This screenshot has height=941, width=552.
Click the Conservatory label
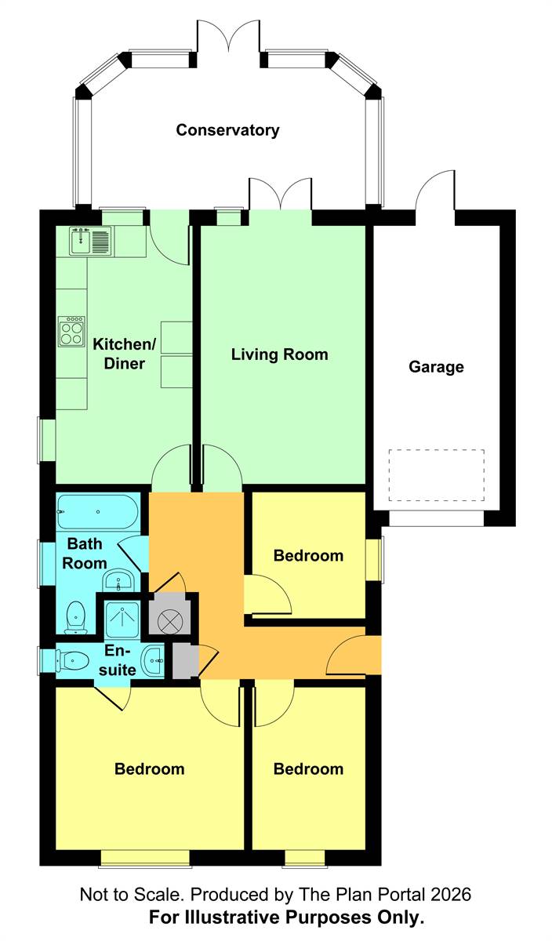pos(227,130)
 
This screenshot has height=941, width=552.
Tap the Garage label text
pos(436,367)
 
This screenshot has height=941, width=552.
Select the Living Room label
pos(279,354)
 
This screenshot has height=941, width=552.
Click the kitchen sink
pos(90,241)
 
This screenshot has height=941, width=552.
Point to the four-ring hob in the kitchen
pos(71,331)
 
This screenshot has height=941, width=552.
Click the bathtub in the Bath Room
pos(97,511)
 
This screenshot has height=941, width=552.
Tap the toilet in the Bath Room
pos(76,617)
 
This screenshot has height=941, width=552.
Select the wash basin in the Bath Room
pos(118,581)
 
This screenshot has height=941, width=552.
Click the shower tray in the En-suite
pos(122,619)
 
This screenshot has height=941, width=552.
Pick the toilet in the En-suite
pos(72,661)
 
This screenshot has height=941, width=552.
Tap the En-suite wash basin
pos(152,661)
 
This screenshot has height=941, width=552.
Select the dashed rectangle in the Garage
pos(436,475)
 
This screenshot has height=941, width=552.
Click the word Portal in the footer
pos(402,895)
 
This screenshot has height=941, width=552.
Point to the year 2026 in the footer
pos(452,895)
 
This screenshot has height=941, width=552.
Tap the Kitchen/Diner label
pos(125,354)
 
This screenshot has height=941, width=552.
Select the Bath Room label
pos(85,554)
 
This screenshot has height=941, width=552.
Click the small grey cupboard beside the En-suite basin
pos(185,661)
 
